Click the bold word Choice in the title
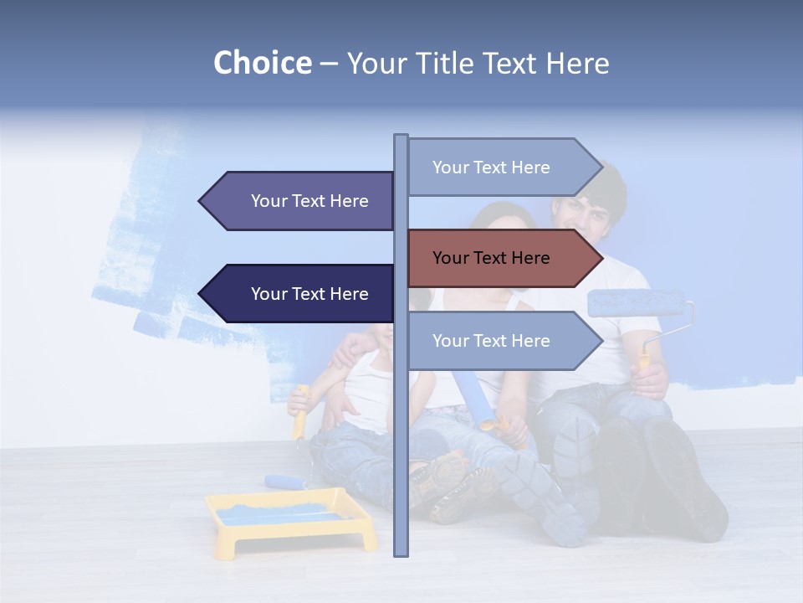pyautogui.click(x=262, y=64)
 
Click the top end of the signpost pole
pyautogui.click(x=401, y=137)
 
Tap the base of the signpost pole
pyautogui.click(x=401, y=552)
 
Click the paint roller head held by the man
pyautogui.click(x=636, y=303)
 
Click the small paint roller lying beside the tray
pyautogui.click(x=284, y=482)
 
